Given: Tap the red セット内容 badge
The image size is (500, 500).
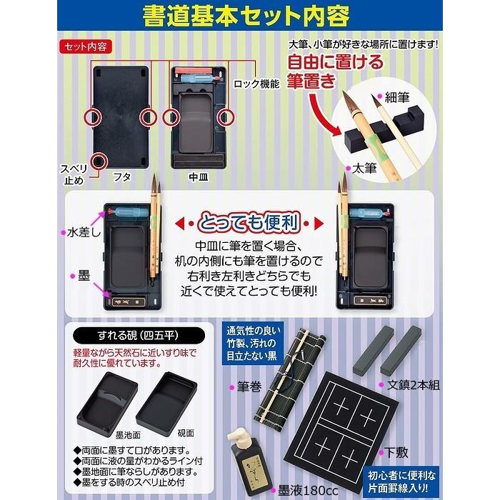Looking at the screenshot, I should (82, 47).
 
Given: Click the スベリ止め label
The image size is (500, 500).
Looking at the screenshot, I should (74, 174).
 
